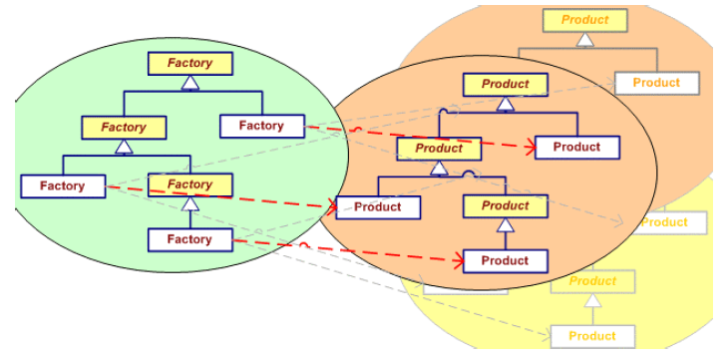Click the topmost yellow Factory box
pos(189,63)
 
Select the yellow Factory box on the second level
pos(124,127)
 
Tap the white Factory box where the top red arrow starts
pos(261,126)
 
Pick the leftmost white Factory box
pos(63,185)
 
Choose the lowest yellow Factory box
pos(189,184)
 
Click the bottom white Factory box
pos(189,239)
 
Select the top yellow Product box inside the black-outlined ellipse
pos(505,84)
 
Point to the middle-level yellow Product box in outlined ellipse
pos(439,149)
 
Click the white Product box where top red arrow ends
pos(576,147)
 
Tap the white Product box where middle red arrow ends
pos(378,207)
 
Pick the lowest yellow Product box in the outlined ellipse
pos(505,206)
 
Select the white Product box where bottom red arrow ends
pos(505,261)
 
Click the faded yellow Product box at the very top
pos(584,20)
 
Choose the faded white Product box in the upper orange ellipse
pos(655,83)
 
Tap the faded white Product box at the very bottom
pos(592,336)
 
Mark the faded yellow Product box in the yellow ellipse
pos(592,281)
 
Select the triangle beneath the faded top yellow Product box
pos(584,39)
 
